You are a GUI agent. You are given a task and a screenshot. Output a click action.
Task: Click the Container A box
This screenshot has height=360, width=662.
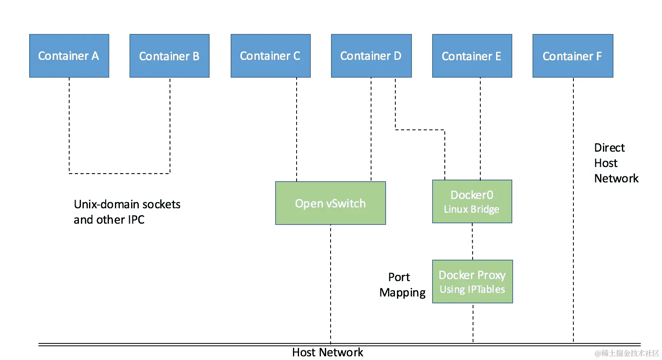coord(69,56)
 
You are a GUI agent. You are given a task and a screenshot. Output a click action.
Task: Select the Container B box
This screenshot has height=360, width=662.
coord(170,56)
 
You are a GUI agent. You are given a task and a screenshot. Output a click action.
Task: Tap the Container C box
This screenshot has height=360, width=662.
coord(270,56)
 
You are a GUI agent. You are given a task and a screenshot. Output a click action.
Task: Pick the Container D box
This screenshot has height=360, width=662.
coord(371,56)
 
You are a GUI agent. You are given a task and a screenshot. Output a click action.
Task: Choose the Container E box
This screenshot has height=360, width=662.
coord(472,56)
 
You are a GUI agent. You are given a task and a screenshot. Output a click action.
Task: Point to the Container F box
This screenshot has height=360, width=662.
coord(573,56)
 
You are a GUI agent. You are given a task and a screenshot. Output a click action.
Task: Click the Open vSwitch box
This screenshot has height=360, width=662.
coord(330,203)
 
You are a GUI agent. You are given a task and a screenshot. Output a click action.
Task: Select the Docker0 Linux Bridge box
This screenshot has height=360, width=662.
coord(472,201)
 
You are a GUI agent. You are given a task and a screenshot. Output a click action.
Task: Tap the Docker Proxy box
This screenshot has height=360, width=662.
coord(472,282)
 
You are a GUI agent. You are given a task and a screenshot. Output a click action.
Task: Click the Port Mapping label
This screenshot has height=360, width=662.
coord(402,285)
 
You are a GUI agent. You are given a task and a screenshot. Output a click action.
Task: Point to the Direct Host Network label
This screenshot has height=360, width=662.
coord(615,163)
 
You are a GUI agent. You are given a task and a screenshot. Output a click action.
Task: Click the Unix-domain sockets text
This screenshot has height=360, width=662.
coord(127,204)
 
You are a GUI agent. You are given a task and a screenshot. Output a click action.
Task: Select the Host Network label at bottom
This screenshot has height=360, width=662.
coord(327,352)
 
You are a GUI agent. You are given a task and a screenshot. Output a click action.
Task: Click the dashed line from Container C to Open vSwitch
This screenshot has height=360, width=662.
coord(297,129)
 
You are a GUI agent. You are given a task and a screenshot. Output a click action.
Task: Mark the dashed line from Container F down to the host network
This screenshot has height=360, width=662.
coord(573,210)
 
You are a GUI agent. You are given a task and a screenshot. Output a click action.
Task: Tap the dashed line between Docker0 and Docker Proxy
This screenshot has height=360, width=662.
coord(472,241)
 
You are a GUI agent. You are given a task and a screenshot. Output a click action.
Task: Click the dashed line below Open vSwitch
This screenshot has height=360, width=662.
coord(331,283)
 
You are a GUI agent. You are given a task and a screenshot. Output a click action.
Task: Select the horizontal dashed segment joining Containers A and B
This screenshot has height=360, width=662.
coord(119,174)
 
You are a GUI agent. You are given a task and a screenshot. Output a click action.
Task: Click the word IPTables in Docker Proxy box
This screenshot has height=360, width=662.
coord(486,289)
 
